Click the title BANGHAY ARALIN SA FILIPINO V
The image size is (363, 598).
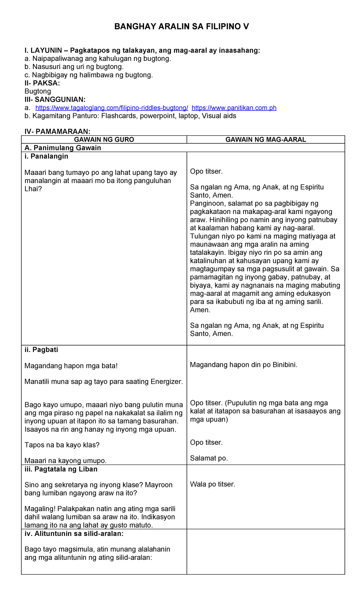click(x=181, y=27)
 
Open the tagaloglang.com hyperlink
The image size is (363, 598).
click(x=112, y=108)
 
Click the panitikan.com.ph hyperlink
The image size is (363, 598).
click(x=234, y=108)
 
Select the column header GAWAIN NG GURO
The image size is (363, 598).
click(x=104, y=140)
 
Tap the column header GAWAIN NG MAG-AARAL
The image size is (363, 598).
click(x=266, y=140)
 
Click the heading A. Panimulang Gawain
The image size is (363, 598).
click(x=63, y=148)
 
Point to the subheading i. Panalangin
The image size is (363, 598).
click(x=46, y=156)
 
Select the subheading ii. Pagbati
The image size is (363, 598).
click(x=41, y=350)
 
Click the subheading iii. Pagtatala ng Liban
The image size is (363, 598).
click(x=61, y=469)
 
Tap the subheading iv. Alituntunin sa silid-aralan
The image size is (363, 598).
click(x=74, y=534)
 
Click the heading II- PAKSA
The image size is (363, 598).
click(x=42, y=83)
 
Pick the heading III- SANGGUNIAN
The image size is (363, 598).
click(x=55, y=100)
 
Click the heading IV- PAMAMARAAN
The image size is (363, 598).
click(x=57, y=131)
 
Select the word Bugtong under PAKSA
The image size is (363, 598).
click(x=38, y=91)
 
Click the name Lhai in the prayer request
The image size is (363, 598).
click(x=31, y=189)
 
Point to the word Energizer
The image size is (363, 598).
click(x=167, y=382)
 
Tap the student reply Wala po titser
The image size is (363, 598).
click(x=212, y=484)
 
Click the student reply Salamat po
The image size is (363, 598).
click(x=209, y=458)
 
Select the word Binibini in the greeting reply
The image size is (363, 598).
click(x=284, y=365)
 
